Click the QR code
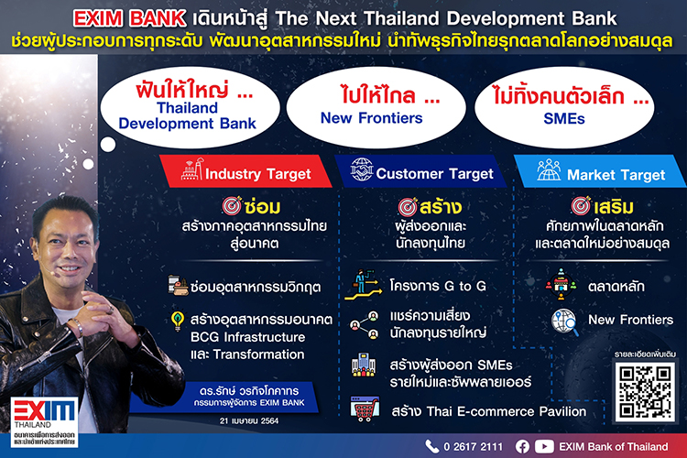(x=645, y=391)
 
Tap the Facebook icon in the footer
(x=522, y=447)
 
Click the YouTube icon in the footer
(x=544, y=447)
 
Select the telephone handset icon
(x=432, y=447)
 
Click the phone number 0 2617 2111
(x=474, y=447)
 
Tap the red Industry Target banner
(x=245, y=171)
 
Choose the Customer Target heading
(x=434, y=174)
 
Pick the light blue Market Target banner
(x=600, y=171)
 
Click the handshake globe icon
(x=362, y=169)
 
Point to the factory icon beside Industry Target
(x=192, y=169)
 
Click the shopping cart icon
(x=365, y=409)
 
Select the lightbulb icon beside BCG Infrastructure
(x=178, y=321)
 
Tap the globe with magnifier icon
(x=565, y=322)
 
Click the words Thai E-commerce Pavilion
(x=506, y=411)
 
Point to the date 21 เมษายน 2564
(x=249, y=420)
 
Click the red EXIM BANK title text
(x=130, y=18)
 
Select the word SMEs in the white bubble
(x=564, y=119)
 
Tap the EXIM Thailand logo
(x=44, y=422)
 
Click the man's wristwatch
(x=77, y=326)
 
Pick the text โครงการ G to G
(x=438, y=286)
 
